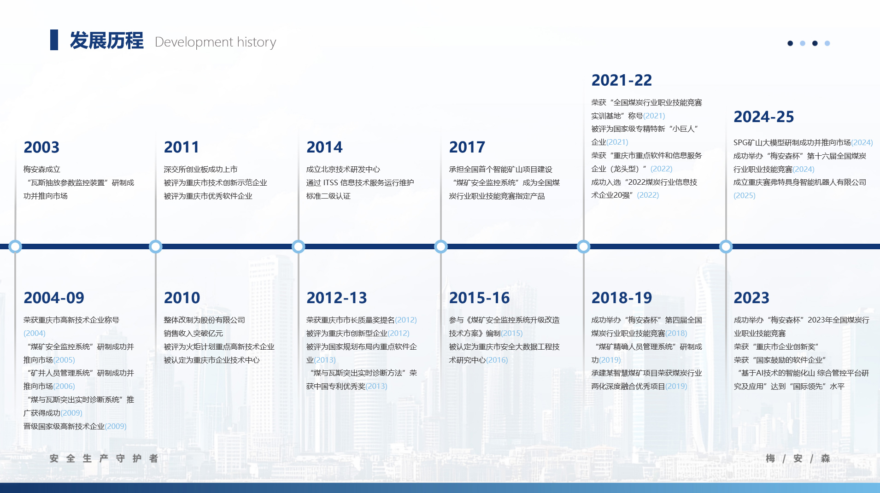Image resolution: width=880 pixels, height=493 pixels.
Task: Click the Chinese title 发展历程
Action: pos(106,41)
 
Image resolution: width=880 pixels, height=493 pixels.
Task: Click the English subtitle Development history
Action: pos(215,42)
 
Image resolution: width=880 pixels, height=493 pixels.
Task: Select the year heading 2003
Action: pos(41,147)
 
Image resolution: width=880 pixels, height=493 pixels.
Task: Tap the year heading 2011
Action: pos(182,147)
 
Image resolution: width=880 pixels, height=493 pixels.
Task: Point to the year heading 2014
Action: pos(324,147)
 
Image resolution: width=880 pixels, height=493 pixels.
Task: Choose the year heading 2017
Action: pos(467,147)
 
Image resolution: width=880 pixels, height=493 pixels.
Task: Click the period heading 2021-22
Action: pos(622,80)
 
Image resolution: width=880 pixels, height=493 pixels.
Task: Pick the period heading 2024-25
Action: pos(764,117)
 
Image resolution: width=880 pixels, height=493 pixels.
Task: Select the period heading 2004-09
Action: pos(54,298)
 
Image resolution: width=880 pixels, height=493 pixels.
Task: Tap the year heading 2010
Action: pos(182,298)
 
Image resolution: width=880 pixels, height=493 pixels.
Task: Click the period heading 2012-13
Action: pos(337,298)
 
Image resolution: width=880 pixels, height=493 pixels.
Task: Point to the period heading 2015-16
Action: pos(480,298)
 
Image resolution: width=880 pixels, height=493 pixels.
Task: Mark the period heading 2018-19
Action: pos(622,298)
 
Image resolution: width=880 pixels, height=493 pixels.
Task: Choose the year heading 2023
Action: pos(751,298)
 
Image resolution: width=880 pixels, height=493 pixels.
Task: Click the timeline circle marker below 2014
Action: pos(299,246)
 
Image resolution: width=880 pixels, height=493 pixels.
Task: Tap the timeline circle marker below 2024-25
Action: pos(726,246)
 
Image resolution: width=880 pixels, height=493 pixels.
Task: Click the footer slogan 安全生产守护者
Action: pos(104,458)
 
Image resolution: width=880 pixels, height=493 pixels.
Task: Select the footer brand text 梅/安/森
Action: pos(798,458)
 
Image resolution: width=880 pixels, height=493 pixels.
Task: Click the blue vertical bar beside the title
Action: pos(54,40)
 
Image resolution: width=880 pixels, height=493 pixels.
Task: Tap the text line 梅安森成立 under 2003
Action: pos(42,170)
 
